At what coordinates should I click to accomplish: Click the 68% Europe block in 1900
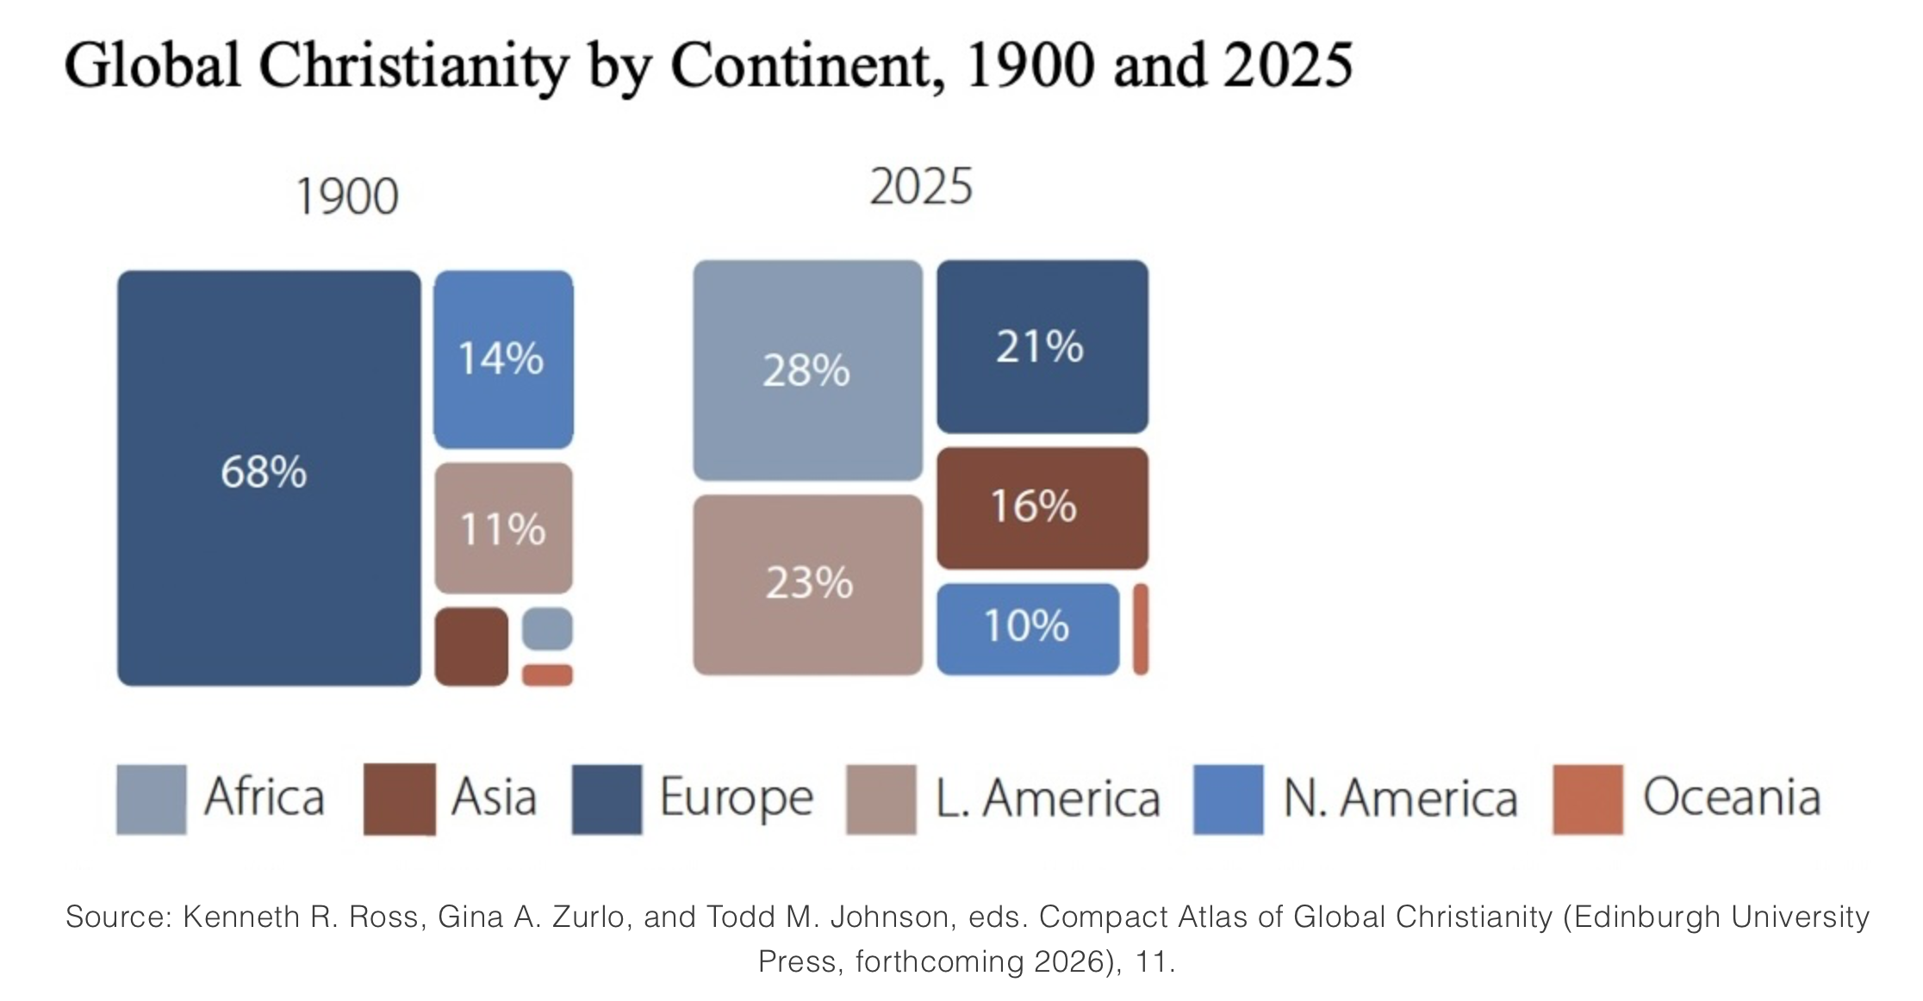[x=269, y=478]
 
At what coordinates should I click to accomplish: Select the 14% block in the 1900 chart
[x=503, y=359]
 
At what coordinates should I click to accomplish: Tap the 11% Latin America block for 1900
[x=503, y=528]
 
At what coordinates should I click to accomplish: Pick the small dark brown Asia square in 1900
[x=471, y=646]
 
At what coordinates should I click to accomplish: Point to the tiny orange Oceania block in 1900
[x=547, y=675]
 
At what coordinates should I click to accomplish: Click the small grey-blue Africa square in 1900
[x=547, y=628]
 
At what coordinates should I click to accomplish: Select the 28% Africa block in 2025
[x=807, y=370]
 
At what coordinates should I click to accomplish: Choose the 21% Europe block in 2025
[x=1042, y=346]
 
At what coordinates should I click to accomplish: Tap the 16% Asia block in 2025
[x=1042, y=507]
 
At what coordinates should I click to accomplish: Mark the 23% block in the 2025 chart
[x=807, y=584]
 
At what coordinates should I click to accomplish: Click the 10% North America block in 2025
[x=1028, y=628]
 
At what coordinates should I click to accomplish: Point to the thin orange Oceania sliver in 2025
[x=1140, y=628]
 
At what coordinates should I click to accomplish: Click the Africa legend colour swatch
[x=151, y=799]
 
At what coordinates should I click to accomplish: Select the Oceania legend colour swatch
[x=1587, y=799]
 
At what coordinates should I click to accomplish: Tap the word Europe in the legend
[x=736, y=799]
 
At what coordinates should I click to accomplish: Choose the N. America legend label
[x=1399, y=799]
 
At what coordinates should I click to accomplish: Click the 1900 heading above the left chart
[x=346, y=196]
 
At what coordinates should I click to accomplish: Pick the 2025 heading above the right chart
[x=920, y=187]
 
